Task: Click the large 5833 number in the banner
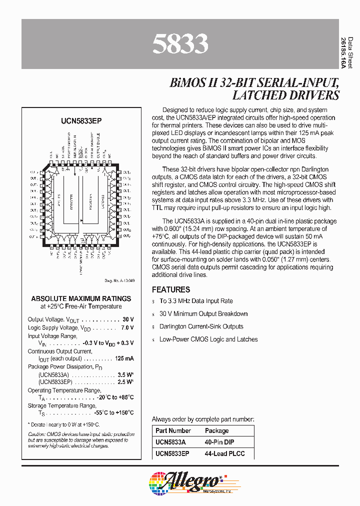[179, 44]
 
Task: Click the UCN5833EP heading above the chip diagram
[80, 120]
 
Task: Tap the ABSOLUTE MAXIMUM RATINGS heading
[81, 298]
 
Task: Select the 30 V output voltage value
[128, 319]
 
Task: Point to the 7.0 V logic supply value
[127, 327]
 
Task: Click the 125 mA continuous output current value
[124, 358]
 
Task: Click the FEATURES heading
[171, 289]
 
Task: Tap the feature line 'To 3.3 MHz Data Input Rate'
[196, 301]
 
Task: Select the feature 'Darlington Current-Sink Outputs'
[201, 326]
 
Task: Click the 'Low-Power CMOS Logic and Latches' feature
[208, 339]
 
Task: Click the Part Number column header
[173, 430]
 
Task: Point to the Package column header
[217, 430]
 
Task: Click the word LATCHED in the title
[248, 95]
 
